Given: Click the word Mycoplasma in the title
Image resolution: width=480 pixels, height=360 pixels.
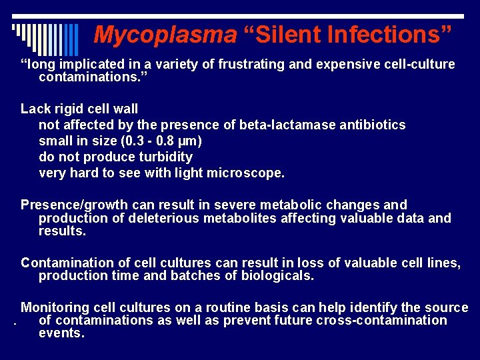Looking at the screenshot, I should pyautogui.click(x=165, y=35).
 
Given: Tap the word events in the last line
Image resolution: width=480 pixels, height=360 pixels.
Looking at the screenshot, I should pyautogui.click(x=61, y=333).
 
